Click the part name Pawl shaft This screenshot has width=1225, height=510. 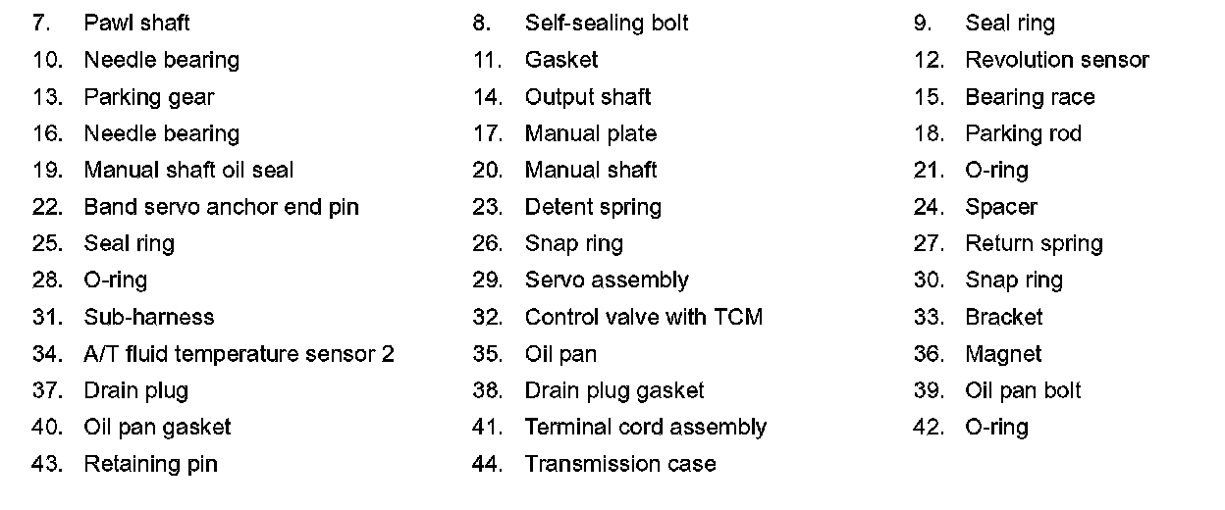(136, 23)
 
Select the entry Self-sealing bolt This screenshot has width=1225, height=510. (607, 23)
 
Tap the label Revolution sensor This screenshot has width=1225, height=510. (1056, 60)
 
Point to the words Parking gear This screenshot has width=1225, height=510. (148, 97)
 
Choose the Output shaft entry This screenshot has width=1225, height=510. (587, 97)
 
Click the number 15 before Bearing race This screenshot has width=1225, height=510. (928, 97)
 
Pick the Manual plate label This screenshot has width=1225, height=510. (590, 133)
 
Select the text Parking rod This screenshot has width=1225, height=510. (1023, 133)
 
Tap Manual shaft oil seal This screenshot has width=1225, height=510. (188, 171)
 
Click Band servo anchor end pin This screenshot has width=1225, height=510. (221, 207)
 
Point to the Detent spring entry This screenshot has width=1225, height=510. (593, 207)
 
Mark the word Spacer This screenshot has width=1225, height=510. (1001, 207)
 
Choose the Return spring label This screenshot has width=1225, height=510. (1034, 243)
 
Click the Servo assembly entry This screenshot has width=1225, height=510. (607, 280)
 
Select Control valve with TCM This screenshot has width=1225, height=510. (643, 317)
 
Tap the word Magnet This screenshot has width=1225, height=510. (1003, 354)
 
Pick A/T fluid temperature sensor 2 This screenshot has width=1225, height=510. (239, 354)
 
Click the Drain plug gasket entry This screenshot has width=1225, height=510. (614, 390)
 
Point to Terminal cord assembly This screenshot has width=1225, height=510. (645, 428)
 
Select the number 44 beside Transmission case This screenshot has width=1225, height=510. (487, 464)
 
